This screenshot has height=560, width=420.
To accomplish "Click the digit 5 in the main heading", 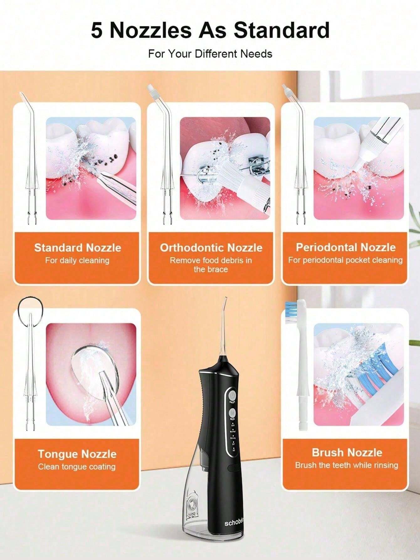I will [x=97, y=30].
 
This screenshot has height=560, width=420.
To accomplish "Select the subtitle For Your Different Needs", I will [x=210, y=54].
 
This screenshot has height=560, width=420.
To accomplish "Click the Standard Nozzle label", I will [x=77, y=248].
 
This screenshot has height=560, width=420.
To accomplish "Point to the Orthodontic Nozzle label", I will [x=211, y=248].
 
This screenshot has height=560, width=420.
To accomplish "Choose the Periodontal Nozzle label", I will [x=346, y=247].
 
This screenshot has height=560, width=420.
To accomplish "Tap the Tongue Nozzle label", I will [x=77, y=454].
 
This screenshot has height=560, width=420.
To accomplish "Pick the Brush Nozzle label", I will [x=347, y=452].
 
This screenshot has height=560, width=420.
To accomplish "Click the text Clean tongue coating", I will [x=77, y=467].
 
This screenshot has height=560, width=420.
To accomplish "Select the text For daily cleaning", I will [x=77, y=260].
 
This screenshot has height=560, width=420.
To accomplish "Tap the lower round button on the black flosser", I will [x=232, y=412].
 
